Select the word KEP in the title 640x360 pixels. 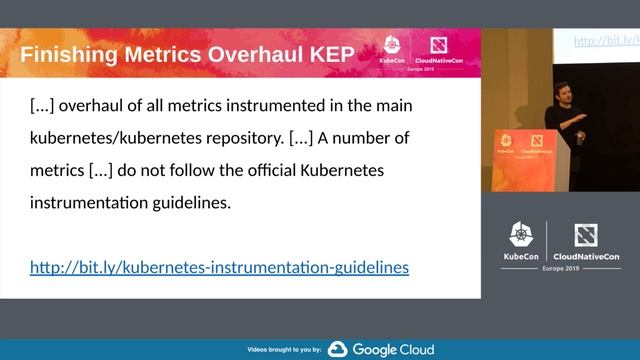(327, 54)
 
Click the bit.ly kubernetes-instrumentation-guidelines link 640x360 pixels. (219, 267)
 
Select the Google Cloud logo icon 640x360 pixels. (337, 349)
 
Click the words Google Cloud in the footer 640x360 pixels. (392, 349)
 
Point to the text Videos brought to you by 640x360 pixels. (284, 350)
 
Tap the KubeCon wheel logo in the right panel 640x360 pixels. (521, 235)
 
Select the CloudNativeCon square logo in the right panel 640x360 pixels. (586, 235)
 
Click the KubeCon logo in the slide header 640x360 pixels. (392, 51)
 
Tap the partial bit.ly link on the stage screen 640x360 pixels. (606, 41)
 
